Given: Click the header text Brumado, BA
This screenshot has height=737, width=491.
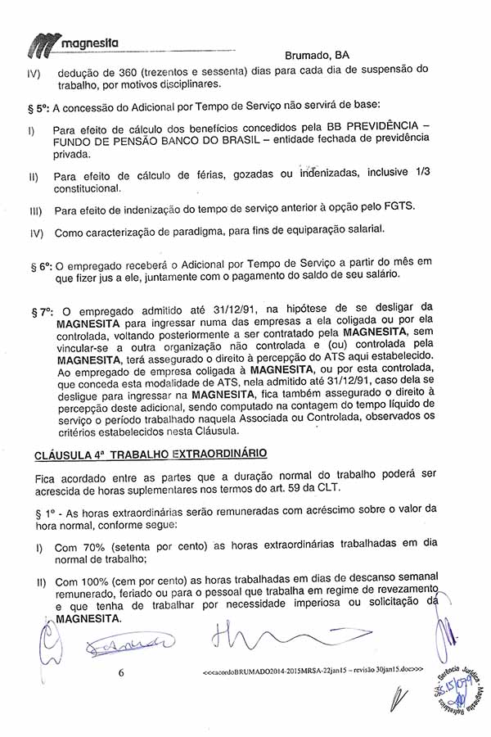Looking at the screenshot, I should pyautogui.click(x=318, y=56).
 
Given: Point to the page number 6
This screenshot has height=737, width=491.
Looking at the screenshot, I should pyautogui.click(x=120, y=672).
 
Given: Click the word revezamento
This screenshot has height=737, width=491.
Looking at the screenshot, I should pyautogui.click(x=399, y=595).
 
